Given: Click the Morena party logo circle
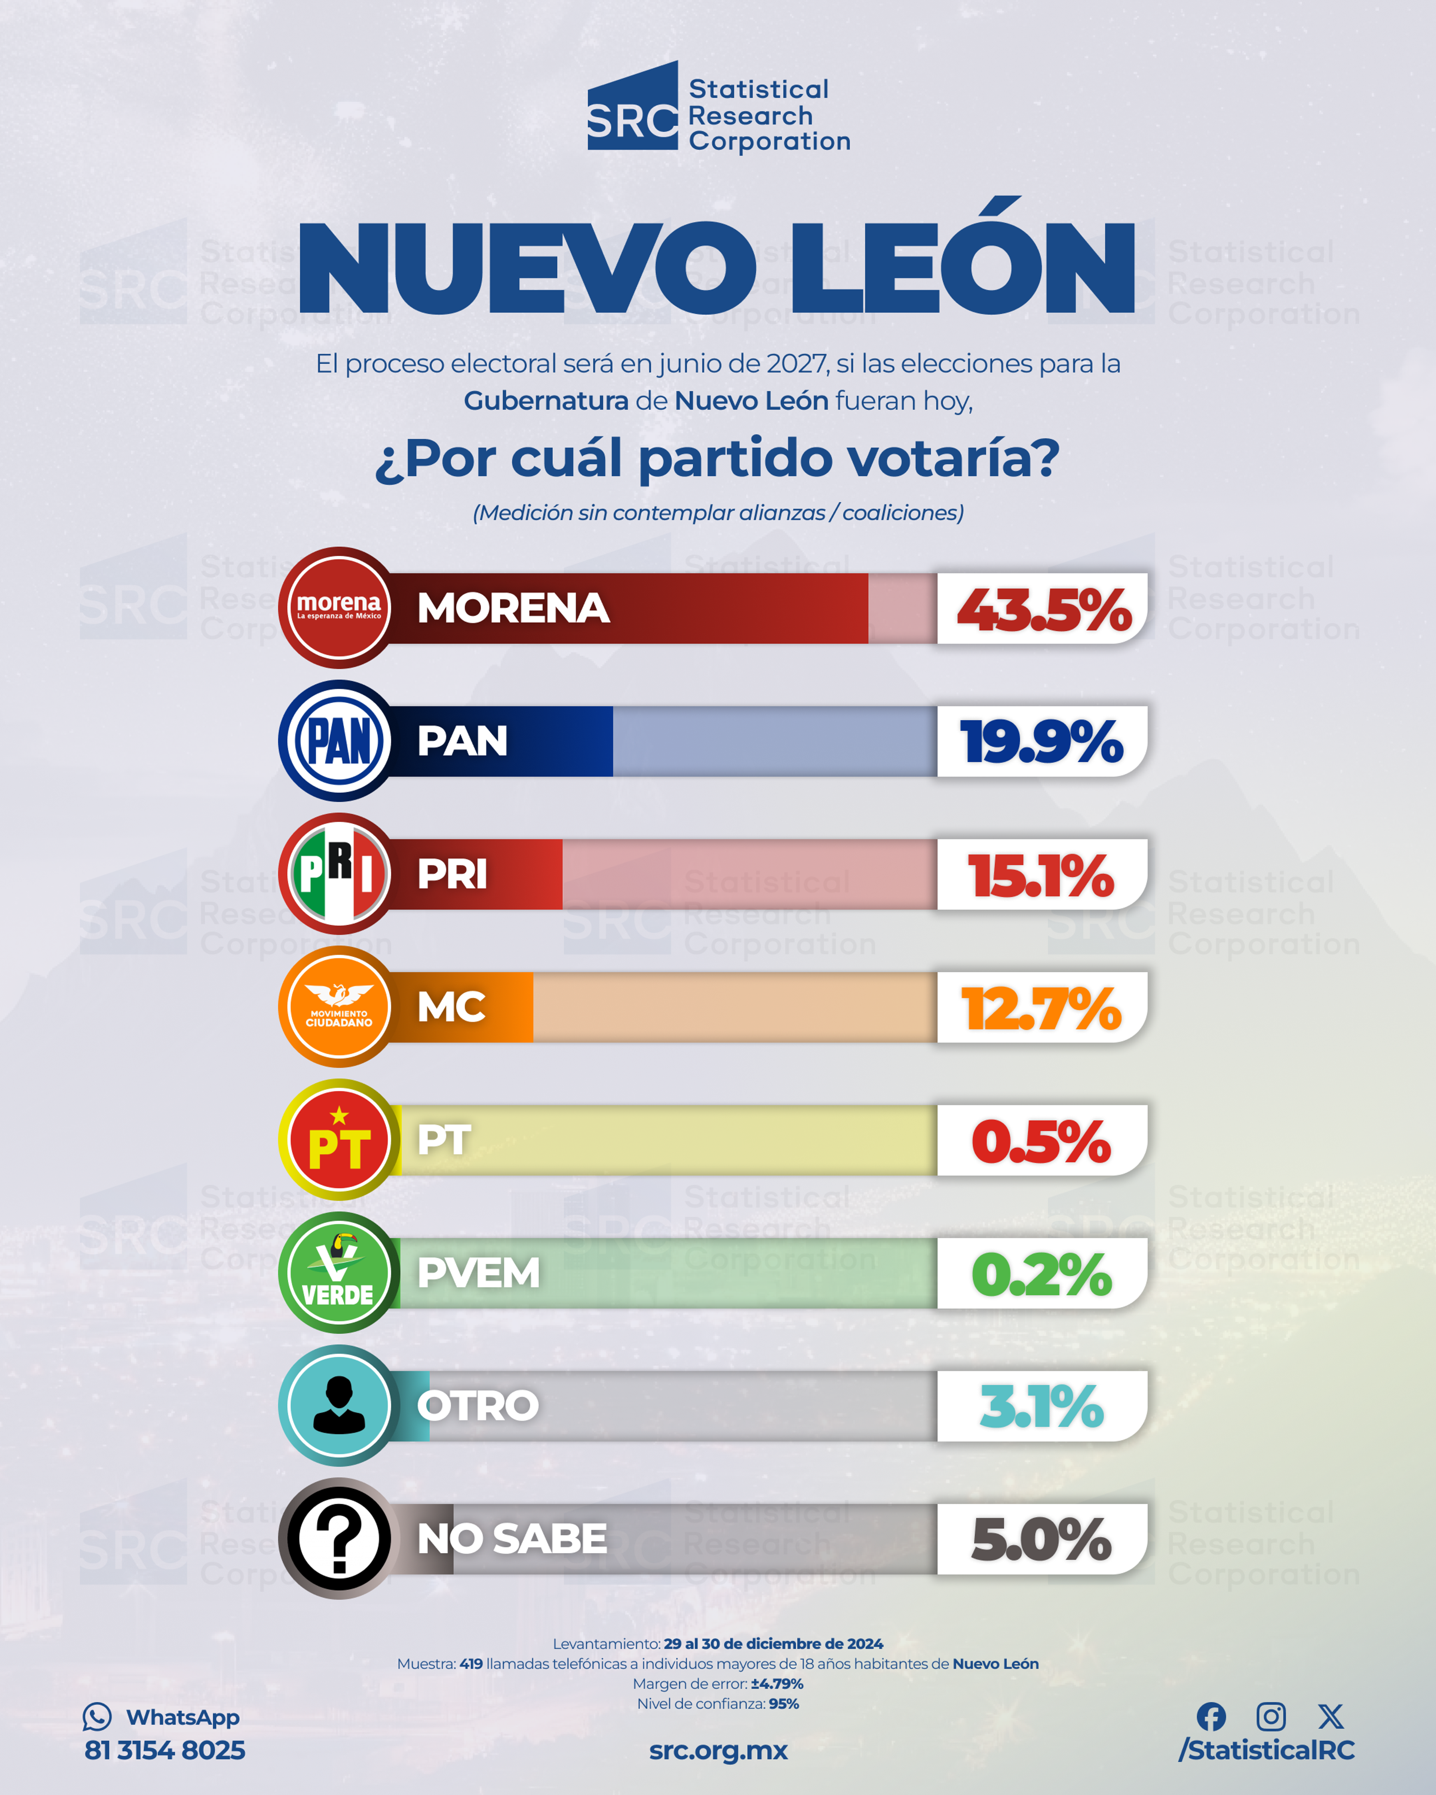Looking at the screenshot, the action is tap(339, 608).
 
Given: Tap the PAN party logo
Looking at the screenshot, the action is tap(339, 741).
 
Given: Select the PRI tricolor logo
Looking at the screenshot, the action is tap(339, 874).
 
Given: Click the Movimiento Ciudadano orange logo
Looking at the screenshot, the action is tap(339, 1007).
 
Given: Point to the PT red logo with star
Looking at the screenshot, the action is tap(339, 1140).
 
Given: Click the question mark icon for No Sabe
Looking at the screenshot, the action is tap(339, 1538).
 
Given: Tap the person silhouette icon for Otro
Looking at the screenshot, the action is tap(339, 1405).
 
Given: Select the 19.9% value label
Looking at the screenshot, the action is tap(1041, 742).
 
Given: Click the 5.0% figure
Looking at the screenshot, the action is tap(1041, 1540).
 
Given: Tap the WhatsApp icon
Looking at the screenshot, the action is tap(97, 1717).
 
